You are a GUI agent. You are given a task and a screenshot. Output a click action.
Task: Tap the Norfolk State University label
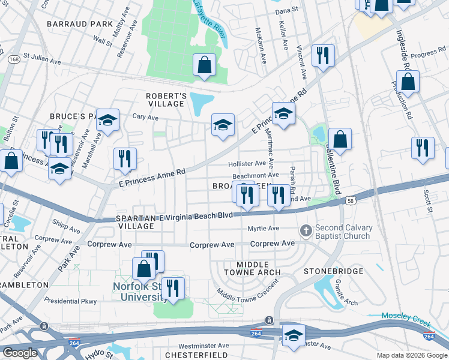(x=140, y=291)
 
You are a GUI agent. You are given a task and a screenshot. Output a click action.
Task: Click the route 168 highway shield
(x=13, y=59)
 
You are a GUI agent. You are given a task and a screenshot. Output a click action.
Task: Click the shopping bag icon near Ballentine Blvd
(x=339, y=139)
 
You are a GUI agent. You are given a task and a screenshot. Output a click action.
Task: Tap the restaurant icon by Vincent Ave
(x=323, y=56)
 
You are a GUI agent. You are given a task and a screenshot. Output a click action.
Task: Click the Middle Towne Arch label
(x=250, y=268)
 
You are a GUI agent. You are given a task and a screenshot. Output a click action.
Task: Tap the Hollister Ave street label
(x=247, y=163)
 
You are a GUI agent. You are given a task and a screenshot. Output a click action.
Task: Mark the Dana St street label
(x=287, y=11)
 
